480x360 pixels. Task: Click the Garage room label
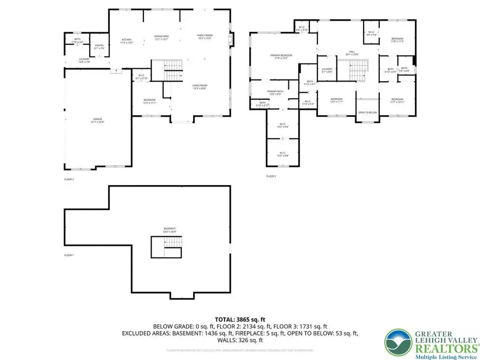(98, 120)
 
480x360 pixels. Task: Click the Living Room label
(199, 87)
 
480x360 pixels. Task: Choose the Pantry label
(99, 46)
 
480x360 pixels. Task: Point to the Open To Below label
(367, 113)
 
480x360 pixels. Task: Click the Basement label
(170, 230)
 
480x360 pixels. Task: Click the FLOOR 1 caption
(69, 255)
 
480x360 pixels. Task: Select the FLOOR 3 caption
(271, 176)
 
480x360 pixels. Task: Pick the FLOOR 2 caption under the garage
(69, 179)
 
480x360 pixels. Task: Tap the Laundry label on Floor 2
(84, 60)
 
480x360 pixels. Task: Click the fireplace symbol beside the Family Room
(230, 41)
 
